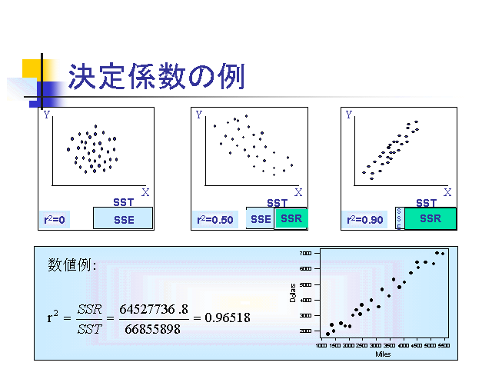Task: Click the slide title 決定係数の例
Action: tap(156, 77)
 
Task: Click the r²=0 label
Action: tap(54, 220)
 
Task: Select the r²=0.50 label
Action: tap(214, 220)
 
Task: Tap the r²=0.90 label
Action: tap(364, 220)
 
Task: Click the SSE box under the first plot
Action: tap(123, 219)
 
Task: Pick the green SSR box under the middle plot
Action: tap(291, 219)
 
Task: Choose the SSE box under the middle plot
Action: tap(261, 219)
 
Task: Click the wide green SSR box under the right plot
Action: tap(430, 218)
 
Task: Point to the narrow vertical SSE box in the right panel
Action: tap(399, 218)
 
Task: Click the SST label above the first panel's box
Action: tap(123, 203)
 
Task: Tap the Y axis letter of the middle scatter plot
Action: tap(199, 115)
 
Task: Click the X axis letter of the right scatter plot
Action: tap(447, 191)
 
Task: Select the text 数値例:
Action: tap(72, 265)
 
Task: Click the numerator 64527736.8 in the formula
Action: tap(154, 308)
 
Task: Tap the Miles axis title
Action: tap(383, 354)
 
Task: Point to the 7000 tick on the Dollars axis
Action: tap(306, 253)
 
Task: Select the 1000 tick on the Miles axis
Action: tap(324, 347)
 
